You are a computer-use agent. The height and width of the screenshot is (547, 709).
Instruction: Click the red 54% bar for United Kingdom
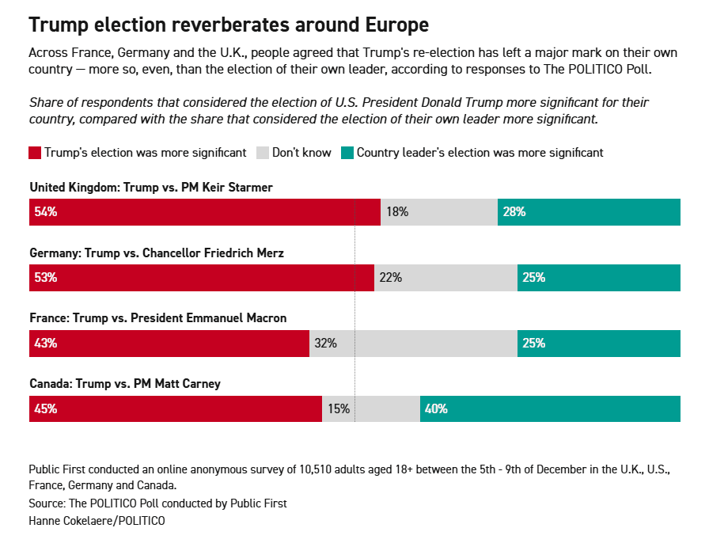click(x=204, y=212)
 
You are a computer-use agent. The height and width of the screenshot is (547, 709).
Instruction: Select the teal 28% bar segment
click(x=589, y=212)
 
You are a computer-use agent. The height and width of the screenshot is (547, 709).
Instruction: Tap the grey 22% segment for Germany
click(x=445, y=278)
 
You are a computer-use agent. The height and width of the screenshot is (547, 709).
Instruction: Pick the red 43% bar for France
click(x=169, y=344)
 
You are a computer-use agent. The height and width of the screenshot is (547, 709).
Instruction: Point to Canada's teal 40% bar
click(x=550, y=409)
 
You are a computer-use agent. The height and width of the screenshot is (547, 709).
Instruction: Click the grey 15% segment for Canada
click(x=371, y=409)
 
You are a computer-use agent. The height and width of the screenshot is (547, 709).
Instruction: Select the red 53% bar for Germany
click(x=202, y=278)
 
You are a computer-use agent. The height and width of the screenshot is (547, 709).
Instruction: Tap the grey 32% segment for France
click(x=413, y=344)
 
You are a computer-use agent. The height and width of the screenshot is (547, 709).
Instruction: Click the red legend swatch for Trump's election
click(x=35, y=153)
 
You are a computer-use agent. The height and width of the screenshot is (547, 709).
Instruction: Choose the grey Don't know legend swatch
click(x=263, y=153)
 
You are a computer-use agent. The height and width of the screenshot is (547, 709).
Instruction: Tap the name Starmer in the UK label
click(x=250, y=187)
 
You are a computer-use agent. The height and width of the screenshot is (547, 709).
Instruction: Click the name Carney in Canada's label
click(x=201, y=384)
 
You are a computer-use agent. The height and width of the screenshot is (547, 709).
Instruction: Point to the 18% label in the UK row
click(x=397, y=212)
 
